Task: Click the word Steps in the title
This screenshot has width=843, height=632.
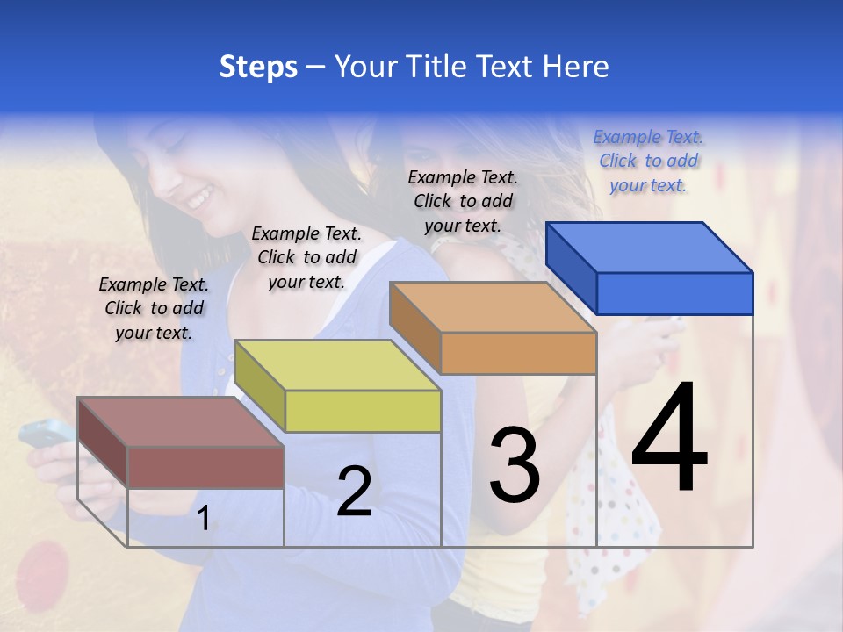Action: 258,67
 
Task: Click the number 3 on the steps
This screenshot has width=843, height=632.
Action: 515,464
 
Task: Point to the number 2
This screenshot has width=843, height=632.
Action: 354,491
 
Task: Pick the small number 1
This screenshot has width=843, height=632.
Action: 203,519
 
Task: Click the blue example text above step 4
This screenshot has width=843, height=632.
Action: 648,161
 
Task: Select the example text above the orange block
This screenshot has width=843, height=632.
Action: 463,201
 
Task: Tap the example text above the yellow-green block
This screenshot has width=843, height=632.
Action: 306,257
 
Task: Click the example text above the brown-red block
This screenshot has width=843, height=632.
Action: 154,308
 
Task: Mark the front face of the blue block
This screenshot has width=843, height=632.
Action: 674,293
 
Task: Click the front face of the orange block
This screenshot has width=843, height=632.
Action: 518,354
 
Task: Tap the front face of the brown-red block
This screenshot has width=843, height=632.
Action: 205,467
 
